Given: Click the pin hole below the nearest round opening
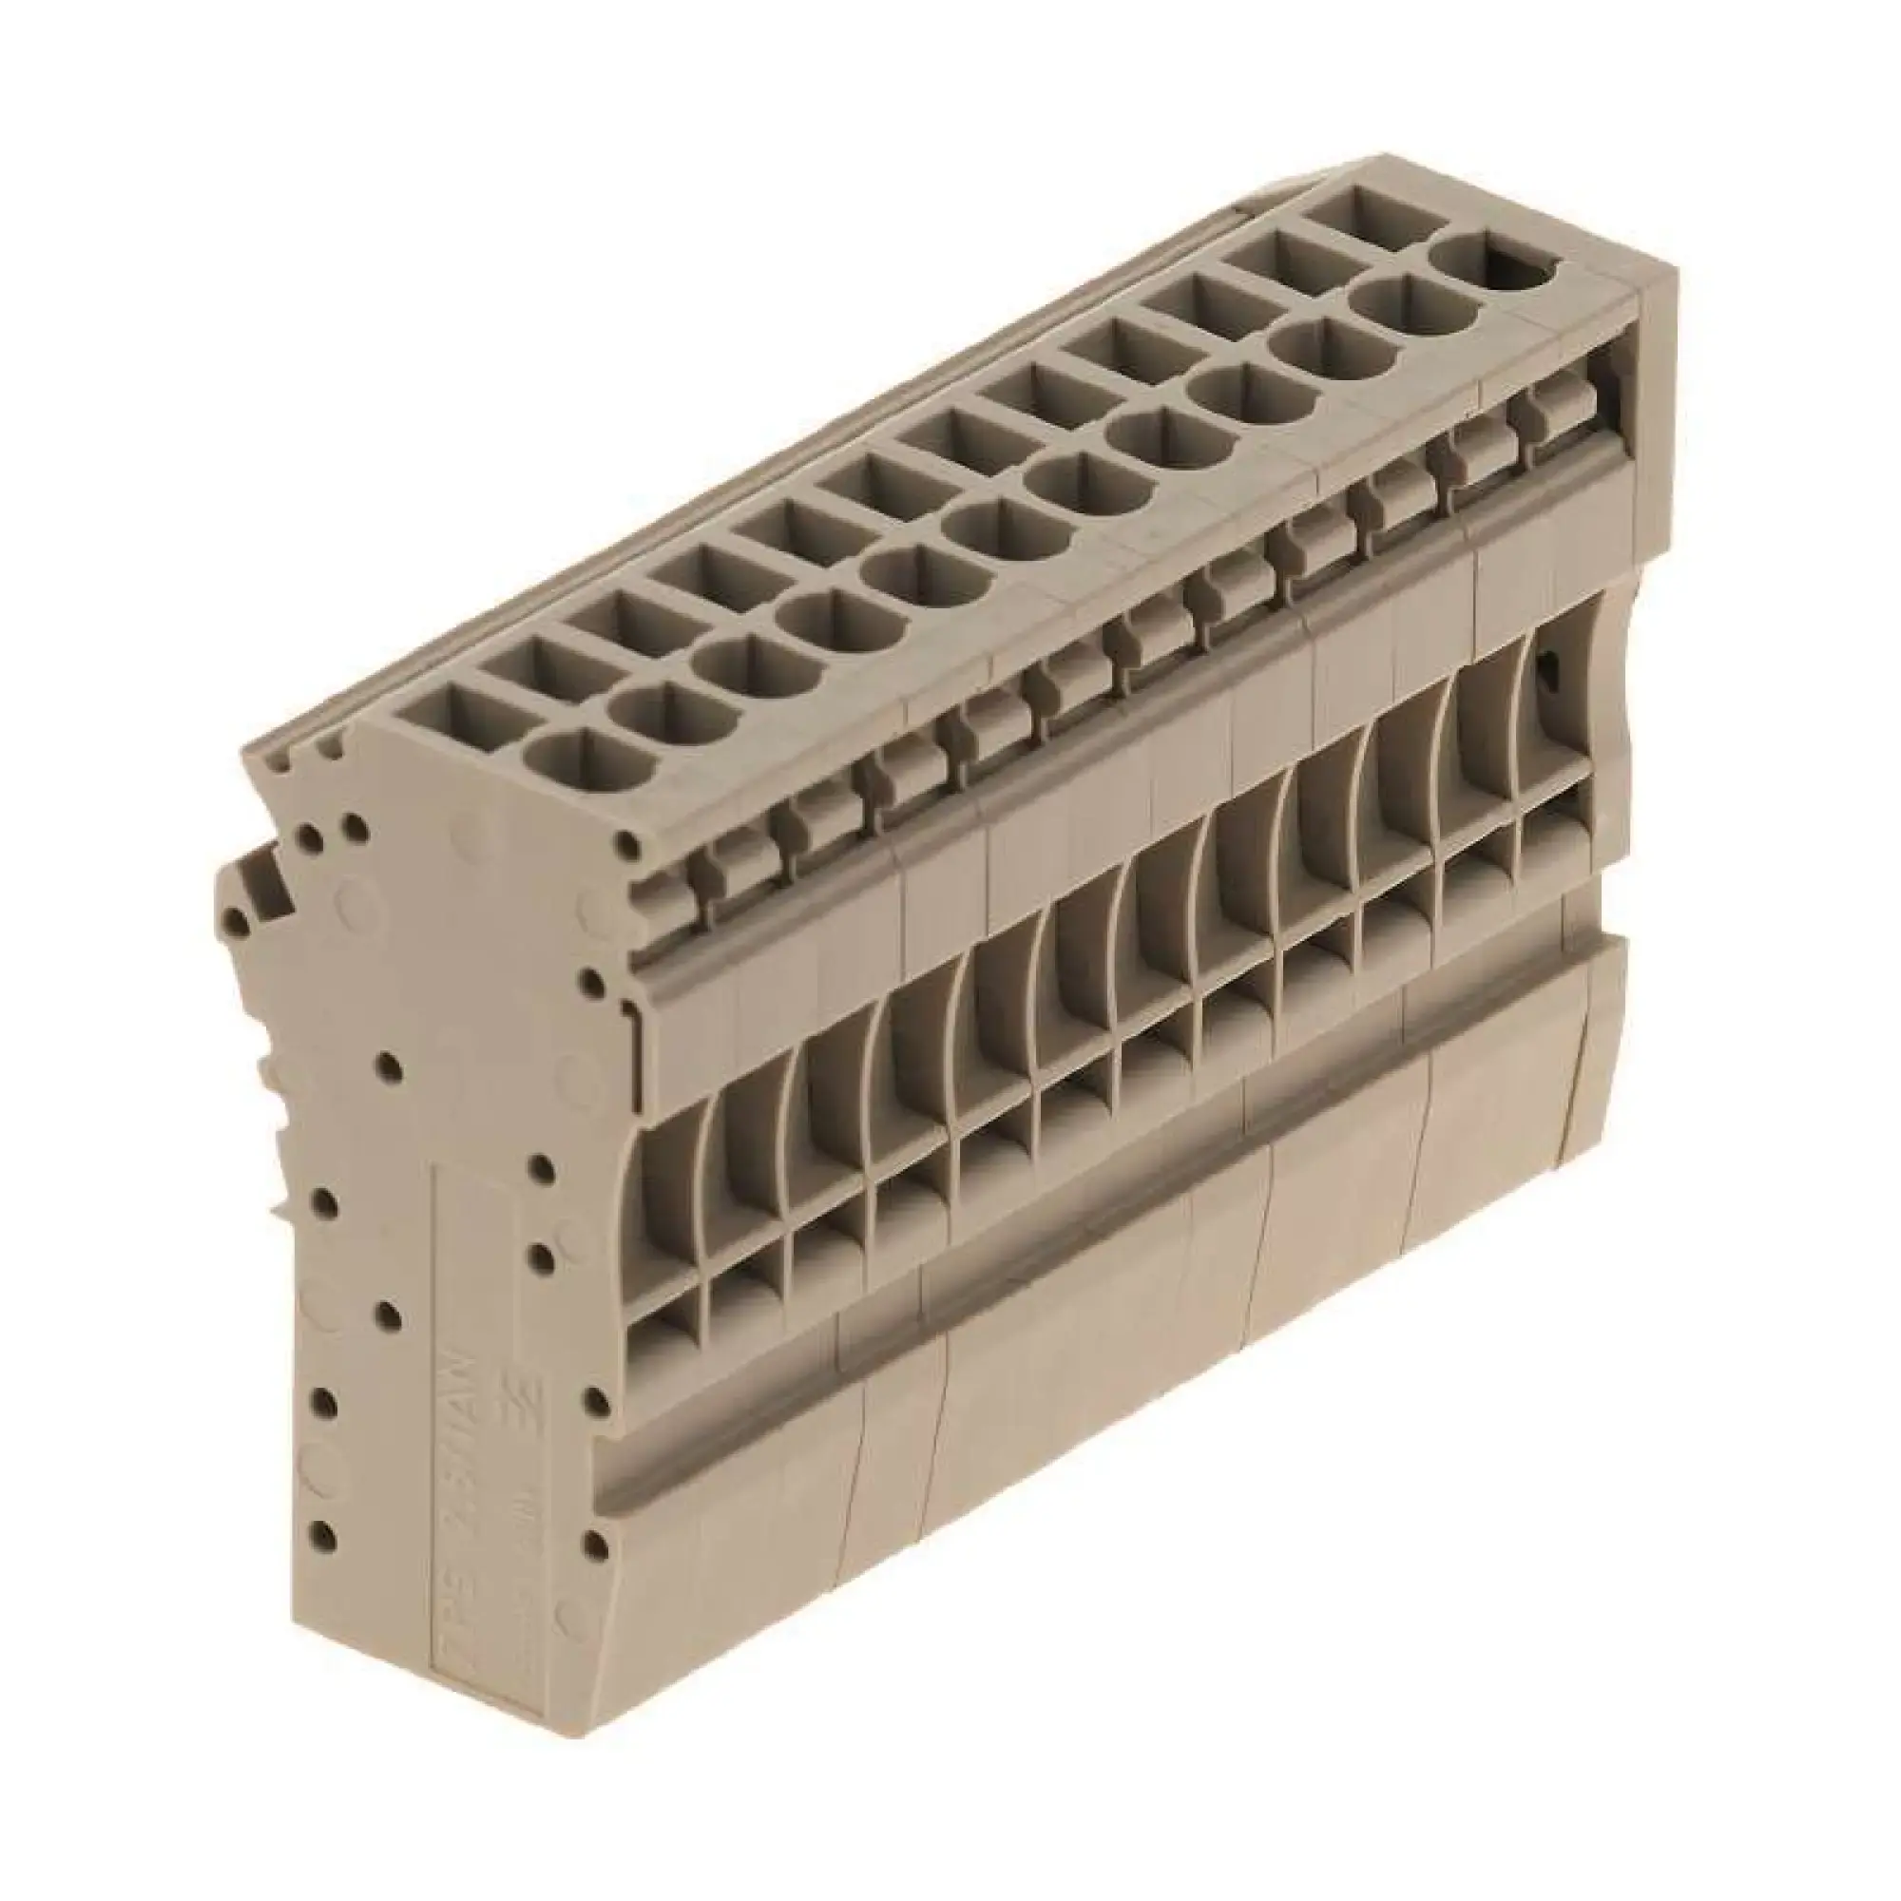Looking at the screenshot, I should tap(627, 845).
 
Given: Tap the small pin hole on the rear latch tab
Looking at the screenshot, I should tap(232, 922).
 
